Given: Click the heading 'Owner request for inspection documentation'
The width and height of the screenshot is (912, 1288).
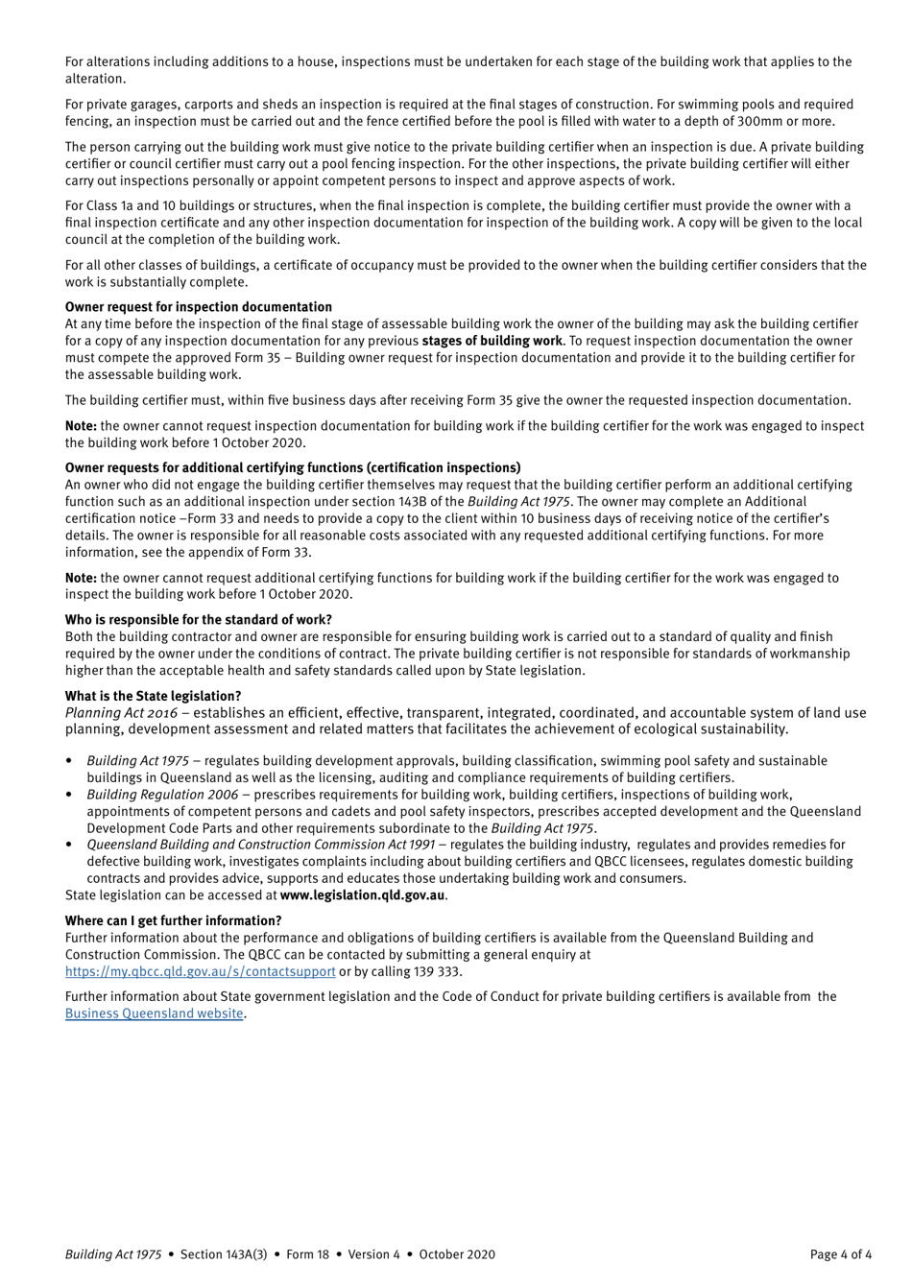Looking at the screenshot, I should tap(198, 307).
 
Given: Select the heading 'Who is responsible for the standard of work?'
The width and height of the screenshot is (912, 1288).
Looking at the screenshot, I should tap(198, 620).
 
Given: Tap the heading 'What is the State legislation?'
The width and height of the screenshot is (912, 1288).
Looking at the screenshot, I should tap(153, 696).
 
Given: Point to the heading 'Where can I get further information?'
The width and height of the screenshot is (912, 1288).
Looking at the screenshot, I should tap(173, 920).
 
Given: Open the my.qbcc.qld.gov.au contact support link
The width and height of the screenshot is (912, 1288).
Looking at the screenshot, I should tap(200, 971).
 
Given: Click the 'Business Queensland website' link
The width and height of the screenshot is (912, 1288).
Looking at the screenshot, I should tap(154, 1014).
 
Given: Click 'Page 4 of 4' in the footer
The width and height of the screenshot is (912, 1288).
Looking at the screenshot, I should tap(841, 1254).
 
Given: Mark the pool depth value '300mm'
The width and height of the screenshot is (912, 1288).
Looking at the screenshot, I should tap(734, 121).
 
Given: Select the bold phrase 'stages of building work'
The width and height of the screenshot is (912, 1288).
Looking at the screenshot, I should tap(492, 341).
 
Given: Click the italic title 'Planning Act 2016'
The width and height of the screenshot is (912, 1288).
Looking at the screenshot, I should tap(121, 713).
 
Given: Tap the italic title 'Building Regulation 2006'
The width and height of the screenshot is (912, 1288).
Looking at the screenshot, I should tap(162, 795).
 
